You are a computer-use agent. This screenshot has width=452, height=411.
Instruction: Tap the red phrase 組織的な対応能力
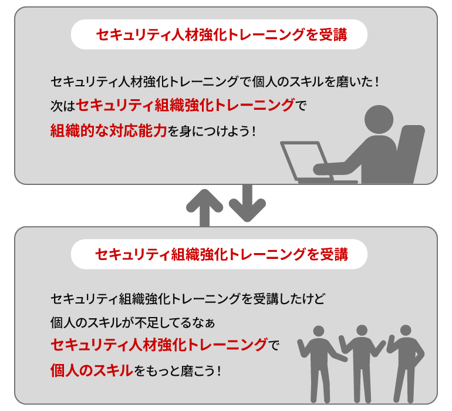pos(109,130)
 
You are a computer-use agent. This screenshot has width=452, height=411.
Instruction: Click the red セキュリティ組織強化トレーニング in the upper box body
pos(185,106)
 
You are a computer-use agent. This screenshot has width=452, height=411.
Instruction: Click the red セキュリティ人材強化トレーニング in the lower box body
pos(159,345)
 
